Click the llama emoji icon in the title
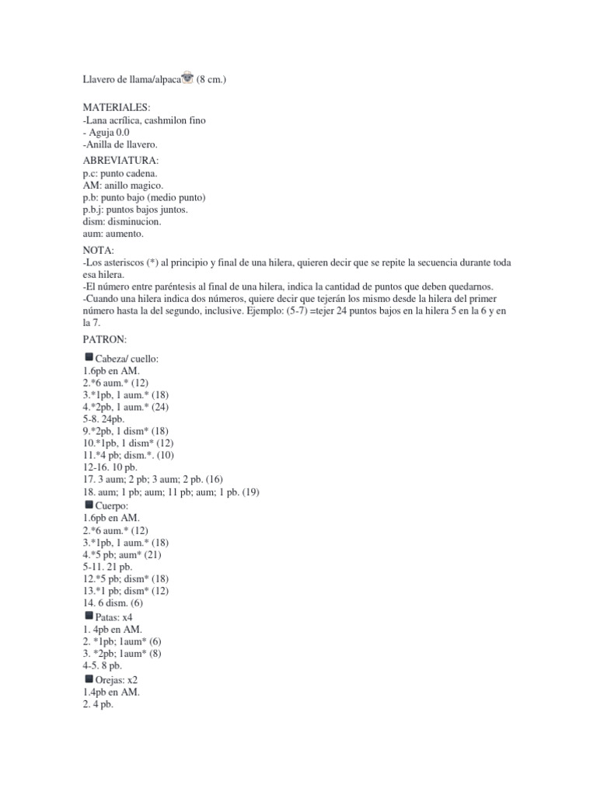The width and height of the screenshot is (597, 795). pyautogui.click(x=187, y=78)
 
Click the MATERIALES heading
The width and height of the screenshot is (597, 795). pyautogui.click(x=117, y=108)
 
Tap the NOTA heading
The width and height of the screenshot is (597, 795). pyautogui.click(x=99, y=250)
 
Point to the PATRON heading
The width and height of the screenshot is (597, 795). pyautogui.click(x=105, y=340)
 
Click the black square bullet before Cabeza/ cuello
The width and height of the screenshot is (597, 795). pyautogui.click(x=89, y=357)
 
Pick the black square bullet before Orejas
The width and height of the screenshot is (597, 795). pyautogui.click(x=89, y=679)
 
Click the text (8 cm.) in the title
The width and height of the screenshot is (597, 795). pyautogui.click(x=211, y=78)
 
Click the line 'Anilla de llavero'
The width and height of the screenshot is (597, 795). pyautogui.click(x=120, y=144)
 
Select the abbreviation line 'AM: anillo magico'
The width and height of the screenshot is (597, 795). pyautogui.click(x=123, y=186)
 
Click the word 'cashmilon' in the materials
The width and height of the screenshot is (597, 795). pyautogui.click(x=166, y=120)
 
